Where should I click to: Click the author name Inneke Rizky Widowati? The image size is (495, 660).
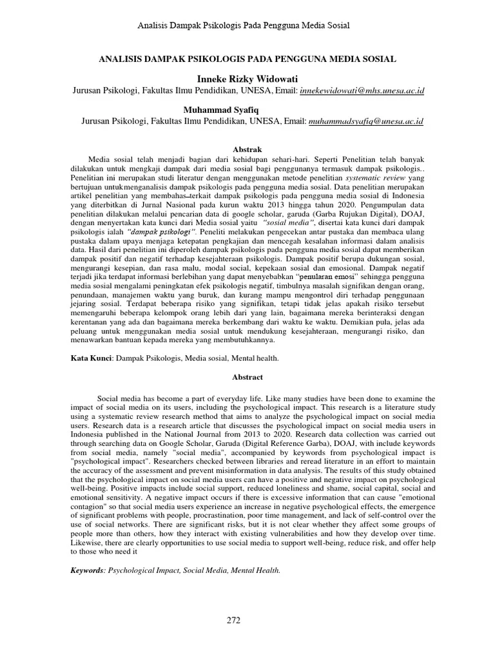[247, 79]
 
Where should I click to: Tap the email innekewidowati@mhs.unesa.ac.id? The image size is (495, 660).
[362, 92]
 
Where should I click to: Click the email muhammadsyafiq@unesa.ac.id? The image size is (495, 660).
[366, 121]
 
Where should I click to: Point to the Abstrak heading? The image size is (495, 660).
[247, 149]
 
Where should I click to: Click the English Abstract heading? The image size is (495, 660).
[247, 377]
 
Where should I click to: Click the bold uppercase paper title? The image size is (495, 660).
[247, 59]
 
